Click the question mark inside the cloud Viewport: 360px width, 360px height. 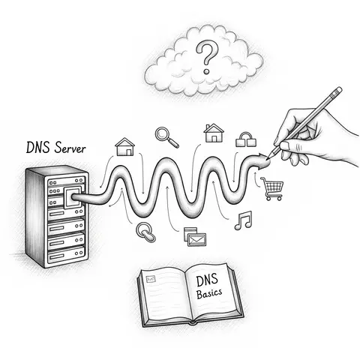[x=203, y=55]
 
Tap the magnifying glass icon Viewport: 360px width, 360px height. [x=165, y=136]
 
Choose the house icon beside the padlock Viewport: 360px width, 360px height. [x=214, y=133]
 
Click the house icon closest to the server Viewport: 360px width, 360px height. [x=125, y=145]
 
